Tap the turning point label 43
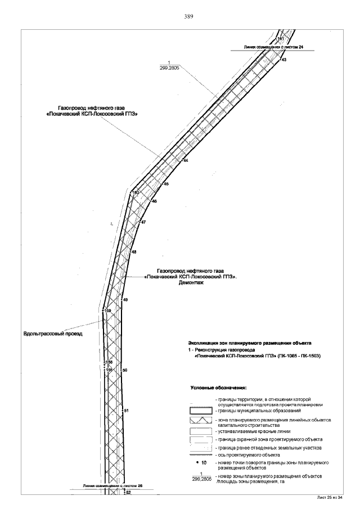(x=284, y=59)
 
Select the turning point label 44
(x=186, y=161)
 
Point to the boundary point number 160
(x=136, y=192)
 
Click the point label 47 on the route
(x=143, y=223)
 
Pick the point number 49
(x=125, y=300)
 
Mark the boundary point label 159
(x=108, y=310)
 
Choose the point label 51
(x=126, y=411)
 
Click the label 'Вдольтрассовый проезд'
(x=53, y=334)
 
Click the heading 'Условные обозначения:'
(x=219, y=388)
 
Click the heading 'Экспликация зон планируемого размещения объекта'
(x=249, y=343)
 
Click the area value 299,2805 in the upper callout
(x=169, y=68)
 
